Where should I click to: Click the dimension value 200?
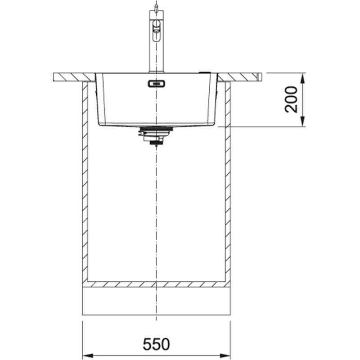pos(292,99)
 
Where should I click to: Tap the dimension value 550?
pos(156,344)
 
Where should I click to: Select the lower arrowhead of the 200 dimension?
pos(302,122)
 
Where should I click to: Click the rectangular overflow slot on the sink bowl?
pos(156,83)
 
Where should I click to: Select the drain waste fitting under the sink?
pos(154,135)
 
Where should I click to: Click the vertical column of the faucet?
pos(155,54)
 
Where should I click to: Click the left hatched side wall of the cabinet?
pos(85,180)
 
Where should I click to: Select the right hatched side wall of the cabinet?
pos(228,180)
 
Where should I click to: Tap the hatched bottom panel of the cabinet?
pos(156,284)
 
